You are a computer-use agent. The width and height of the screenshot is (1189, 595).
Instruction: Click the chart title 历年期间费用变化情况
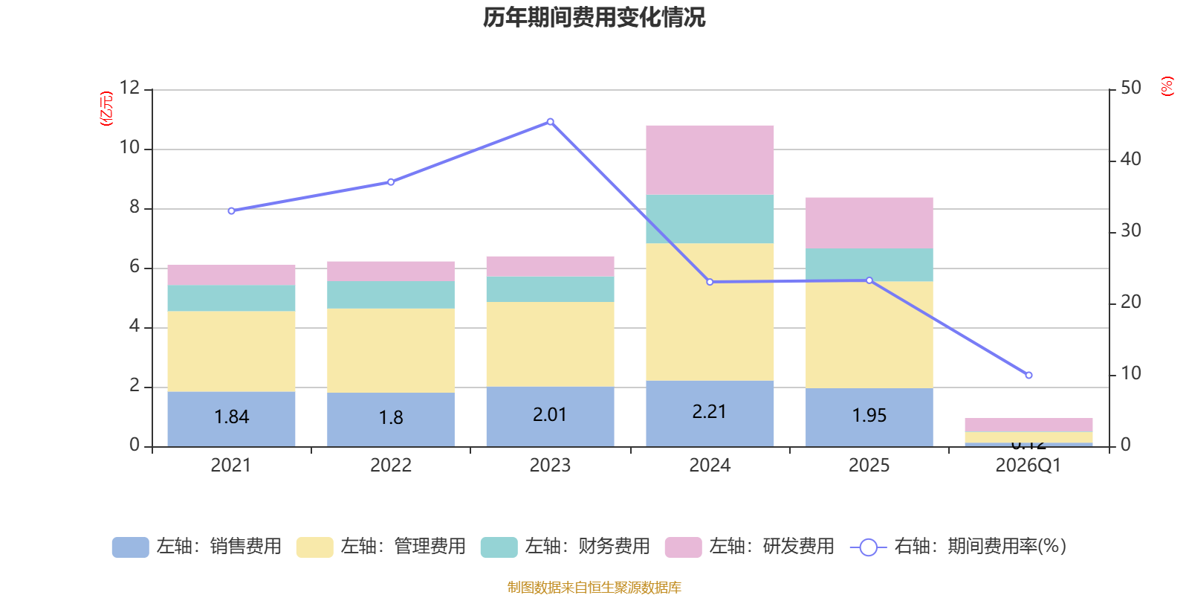594,17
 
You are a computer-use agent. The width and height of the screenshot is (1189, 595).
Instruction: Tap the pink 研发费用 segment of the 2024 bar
710,160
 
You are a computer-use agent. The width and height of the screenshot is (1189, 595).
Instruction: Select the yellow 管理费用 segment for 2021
231,351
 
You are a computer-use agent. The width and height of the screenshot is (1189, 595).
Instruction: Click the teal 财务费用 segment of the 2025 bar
869,265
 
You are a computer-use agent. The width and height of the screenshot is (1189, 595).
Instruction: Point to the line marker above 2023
550,121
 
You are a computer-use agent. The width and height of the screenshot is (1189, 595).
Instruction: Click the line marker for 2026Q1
1028,375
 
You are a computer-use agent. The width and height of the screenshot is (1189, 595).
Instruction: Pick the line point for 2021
231,211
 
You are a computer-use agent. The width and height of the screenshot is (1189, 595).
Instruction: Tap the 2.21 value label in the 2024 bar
710,412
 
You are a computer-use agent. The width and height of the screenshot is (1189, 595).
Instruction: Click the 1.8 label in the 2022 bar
391,417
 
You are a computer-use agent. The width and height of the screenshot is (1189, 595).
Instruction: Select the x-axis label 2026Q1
1028,466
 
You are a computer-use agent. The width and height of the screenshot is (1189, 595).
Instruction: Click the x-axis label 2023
550,466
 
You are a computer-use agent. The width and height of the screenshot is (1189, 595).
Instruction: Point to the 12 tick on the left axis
129,88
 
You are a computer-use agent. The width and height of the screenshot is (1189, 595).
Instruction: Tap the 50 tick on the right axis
1130,88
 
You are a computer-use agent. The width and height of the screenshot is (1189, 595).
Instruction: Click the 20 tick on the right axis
1130,302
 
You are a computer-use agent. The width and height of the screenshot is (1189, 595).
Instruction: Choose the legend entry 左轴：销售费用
197,547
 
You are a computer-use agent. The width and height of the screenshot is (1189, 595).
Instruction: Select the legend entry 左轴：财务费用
566,547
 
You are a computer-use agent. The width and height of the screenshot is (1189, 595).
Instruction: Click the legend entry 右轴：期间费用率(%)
958,547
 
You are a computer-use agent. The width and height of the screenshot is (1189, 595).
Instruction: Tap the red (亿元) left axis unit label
106,109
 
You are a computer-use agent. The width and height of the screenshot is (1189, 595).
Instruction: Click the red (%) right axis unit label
1167,86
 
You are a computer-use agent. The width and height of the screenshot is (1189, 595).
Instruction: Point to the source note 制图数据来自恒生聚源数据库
594,588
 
